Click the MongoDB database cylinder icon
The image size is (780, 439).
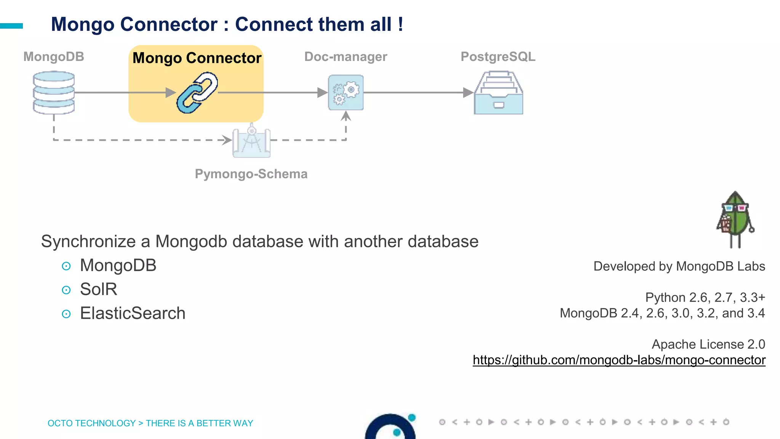tap(54, 93)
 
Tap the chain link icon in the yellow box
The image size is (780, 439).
tap(197, 93)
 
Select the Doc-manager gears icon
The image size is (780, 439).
tap(346, 93)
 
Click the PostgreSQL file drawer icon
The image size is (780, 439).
tap(498, 93)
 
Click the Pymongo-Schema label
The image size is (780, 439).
tap(251, 174)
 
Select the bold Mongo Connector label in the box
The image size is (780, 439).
tap(197, 58)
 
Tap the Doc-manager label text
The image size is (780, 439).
tap(345, 56)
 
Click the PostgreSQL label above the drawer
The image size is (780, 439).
tap(498, 56)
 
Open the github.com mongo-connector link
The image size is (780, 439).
tap(619, 360)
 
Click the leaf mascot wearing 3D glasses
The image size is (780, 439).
tap(735, 219)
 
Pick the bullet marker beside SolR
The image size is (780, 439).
tap(66, 290)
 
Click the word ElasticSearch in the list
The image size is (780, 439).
tap(133, 313)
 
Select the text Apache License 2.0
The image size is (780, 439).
tap(708, 344)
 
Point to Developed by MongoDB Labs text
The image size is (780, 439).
tap(679, 266)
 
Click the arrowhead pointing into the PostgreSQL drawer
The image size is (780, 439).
tap(468, 93)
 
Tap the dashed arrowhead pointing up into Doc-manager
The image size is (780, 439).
tap(346, 116)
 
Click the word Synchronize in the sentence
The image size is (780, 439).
tap(88, 242)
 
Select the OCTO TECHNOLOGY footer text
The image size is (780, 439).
tap(91, 423)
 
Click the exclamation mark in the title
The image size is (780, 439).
tap(400, 24)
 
